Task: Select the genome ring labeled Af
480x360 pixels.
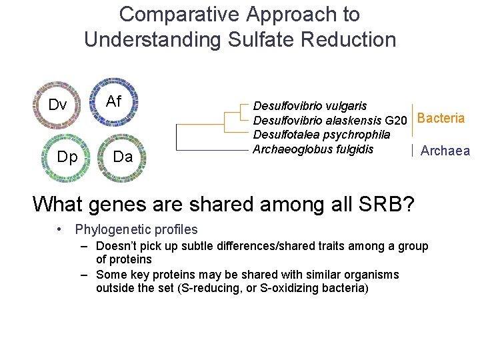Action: click(114, 101)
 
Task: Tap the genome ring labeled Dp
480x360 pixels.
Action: click(67, 157)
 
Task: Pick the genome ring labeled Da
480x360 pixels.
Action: click(123, 157)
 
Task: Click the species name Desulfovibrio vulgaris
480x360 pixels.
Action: click(310, 106)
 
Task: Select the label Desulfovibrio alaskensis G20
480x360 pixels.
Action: click(329, 121)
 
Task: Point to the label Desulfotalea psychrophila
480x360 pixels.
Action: click(321, 135)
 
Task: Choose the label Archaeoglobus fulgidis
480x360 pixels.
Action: click(313, 149)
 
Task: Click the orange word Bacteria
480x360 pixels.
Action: click(441, 119)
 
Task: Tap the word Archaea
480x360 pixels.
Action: click(445, 151)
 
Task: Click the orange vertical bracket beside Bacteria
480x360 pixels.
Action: click(413, 121)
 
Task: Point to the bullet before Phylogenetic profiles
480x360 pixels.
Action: click(60, 230)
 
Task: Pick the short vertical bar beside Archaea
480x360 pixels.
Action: click(413, 151)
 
